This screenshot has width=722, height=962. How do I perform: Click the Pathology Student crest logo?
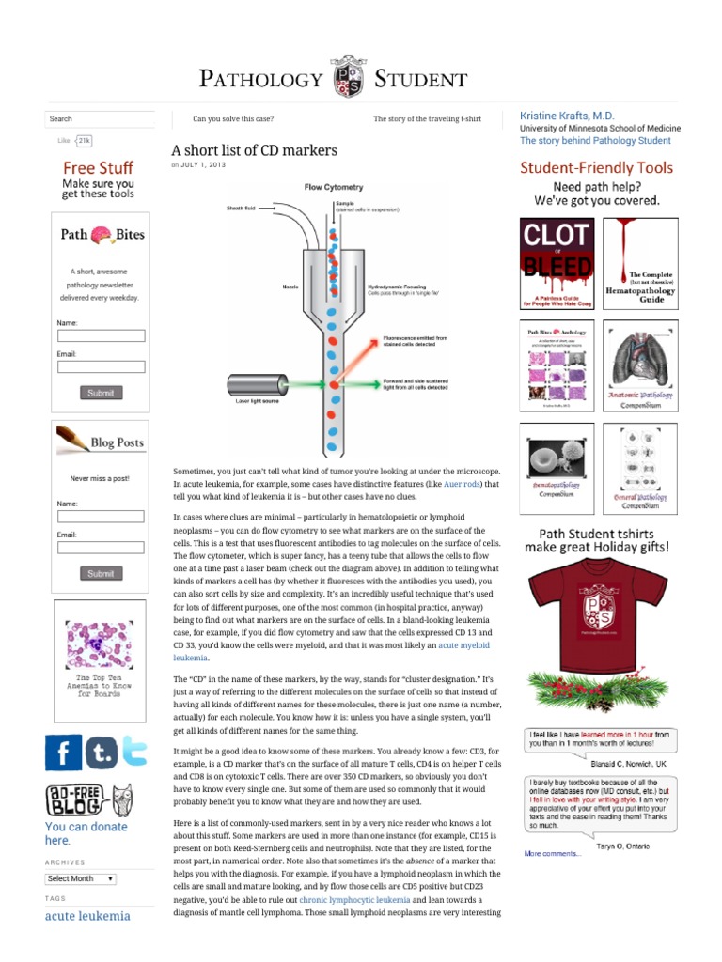pyautogui.click(x=347, y=78)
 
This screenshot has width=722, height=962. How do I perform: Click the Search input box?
pyautogui.click(x=99, y=119)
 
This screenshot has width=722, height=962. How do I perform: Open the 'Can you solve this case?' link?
pyautogui.click(x=233, y=119)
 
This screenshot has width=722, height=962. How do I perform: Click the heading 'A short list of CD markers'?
pyautogui.click(x=254, y=150)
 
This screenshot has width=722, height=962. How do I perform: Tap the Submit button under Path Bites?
pyautogui.click(x=101, y=393)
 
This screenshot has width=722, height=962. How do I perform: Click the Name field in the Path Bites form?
pyautogui.click(x=101, y=335)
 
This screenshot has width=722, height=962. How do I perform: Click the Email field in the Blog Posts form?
pyautogui.click(x=101, y=547)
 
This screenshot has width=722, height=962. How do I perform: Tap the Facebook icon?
pyautogui.click(x=64, y=752)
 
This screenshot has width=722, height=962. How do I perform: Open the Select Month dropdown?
pyautogui.click(x=81, y=878)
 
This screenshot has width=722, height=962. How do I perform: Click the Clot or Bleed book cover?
pyautogui.click(x=557, y=264)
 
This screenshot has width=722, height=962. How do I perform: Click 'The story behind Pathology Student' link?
pyautogui.click(x=595, y=141)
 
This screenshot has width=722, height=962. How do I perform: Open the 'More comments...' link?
pyautogui.click(x=553, y=853)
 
